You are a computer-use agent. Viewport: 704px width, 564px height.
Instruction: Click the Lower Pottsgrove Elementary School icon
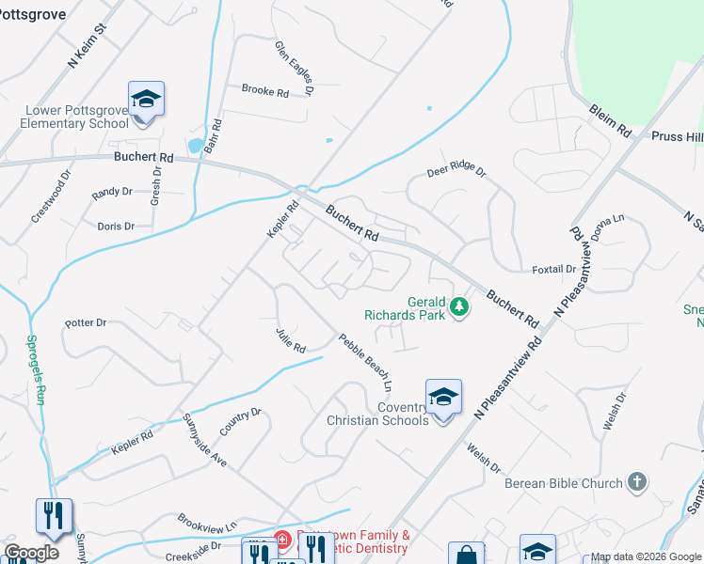pyautogui.click(x=146, y=101)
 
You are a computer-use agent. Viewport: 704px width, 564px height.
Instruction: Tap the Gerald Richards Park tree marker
pyautogui.click(x=459, y=307)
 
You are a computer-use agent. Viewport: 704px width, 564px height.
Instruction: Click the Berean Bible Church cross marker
pyautogui.click(x=636, y=482)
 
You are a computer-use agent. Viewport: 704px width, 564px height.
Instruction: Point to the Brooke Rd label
pyautogui.click(x=264, y=91)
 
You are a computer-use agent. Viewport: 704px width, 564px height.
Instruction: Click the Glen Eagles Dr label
pyautogui.click(x=294, y=69)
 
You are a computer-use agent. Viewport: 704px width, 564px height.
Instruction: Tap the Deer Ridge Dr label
pyautogui.click(x=456, y=172)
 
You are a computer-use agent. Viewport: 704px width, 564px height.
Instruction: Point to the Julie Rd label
pyautogui.click(x=291, y=340)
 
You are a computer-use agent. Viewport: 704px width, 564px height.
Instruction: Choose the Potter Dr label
pyautogui.click(x=86, y=322)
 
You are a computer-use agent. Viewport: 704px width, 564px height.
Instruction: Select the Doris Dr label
pyautogui.click(x=116, y=227)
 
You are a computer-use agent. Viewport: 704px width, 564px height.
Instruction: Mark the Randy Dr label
pyautogui.click(x=112, y=192)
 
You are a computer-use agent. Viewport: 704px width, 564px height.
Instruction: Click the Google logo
pyautogui.click(x=31, y=552)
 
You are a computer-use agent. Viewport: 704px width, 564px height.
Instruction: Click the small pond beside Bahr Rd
pyautogui.click(x=195, y=146)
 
